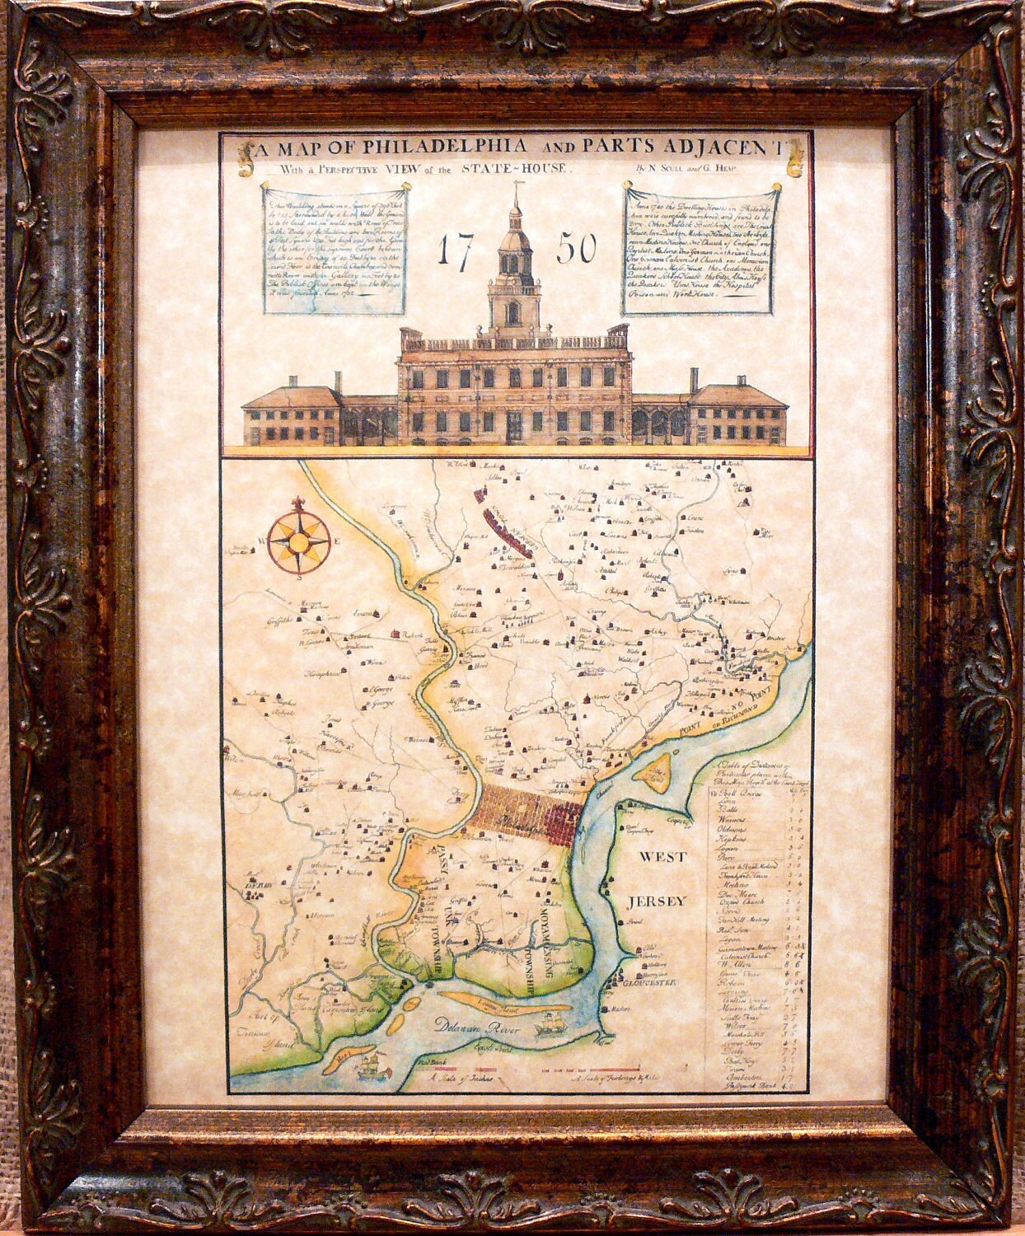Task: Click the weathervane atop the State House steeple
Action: point(515,190)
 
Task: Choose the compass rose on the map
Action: point(299,543)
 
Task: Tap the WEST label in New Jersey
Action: point(663,857)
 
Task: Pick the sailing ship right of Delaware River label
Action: point(549,1027)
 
